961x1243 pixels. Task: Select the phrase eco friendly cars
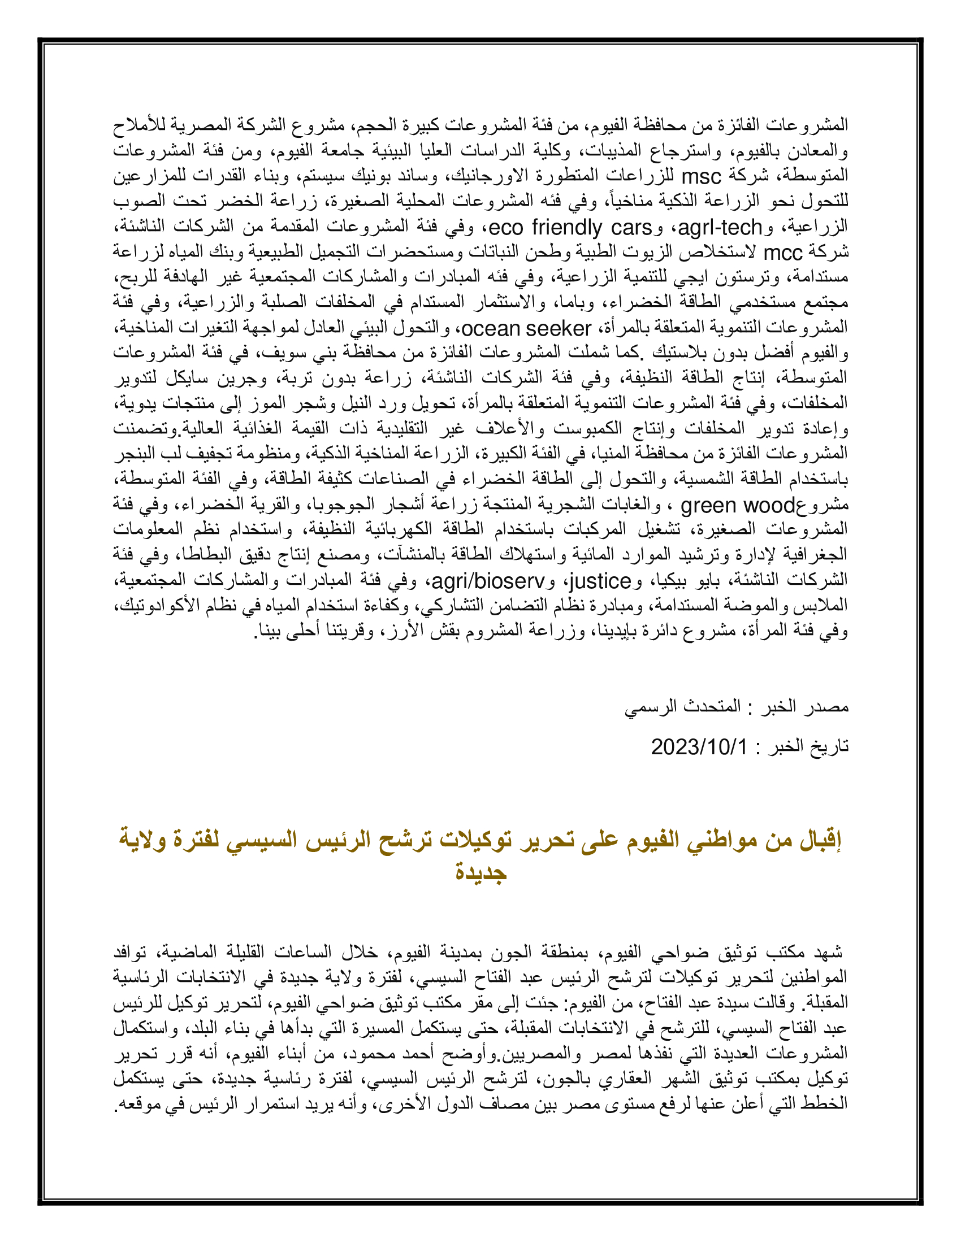pyautogui.click(x=570, y=228)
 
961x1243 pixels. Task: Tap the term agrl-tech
pyautogui.click(x=720, y=228)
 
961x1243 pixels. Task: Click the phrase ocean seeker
pyautogui.click(x=527, y=328)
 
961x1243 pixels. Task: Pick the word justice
pyautogui.click(x=600, y=581)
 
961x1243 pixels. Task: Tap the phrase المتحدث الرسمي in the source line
pyautogui.click(x=683, y=707)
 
